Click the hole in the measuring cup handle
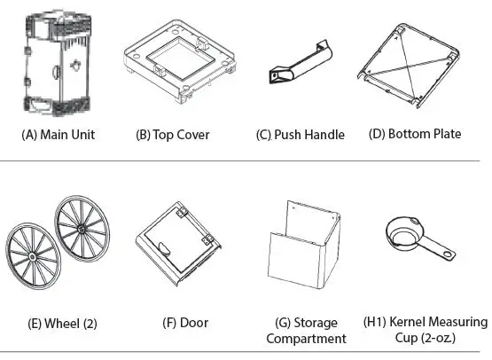click(x=448, y=256)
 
